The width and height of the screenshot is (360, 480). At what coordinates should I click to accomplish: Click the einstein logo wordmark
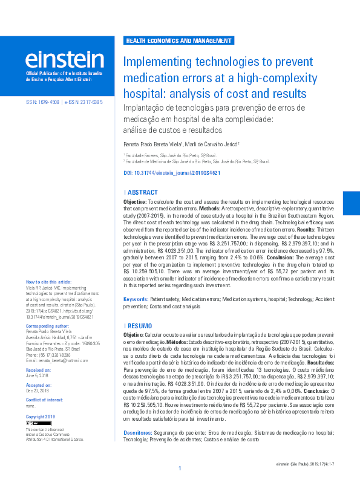pos(65,60)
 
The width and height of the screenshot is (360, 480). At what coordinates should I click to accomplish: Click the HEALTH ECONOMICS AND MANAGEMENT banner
pos(178,41)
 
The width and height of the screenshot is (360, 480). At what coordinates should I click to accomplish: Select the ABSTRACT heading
pos(143,192)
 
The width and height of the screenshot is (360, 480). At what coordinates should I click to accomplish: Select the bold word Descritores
pos(138,433)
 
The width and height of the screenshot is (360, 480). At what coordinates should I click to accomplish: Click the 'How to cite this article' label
pos(48,282)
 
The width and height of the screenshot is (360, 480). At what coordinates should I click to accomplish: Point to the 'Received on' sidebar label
pos(39,369)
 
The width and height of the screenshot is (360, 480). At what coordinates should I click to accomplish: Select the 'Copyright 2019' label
pos(41,417)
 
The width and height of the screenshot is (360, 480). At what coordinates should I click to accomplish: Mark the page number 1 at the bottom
pos(180,469)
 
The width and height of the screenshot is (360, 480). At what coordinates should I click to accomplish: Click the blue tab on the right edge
pos(352,204)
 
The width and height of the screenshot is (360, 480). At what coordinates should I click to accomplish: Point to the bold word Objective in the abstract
pos(134,200)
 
